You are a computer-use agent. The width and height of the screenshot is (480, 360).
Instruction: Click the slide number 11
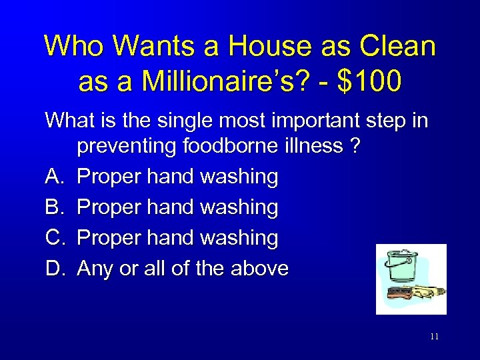click(434, 337)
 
